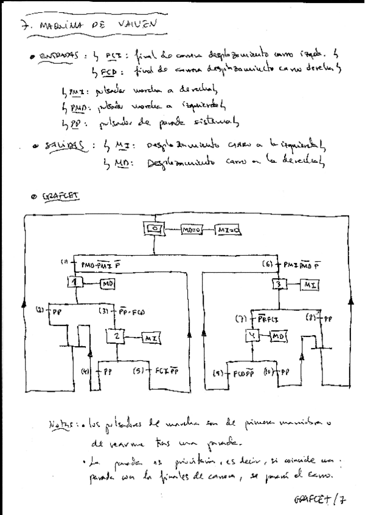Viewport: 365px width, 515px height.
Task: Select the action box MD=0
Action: point(193,231)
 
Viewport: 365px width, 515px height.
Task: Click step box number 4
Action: point(254,336)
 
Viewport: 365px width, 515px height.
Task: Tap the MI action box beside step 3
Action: point(309,285)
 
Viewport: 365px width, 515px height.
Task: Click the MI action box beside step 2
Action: point(151,338)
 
